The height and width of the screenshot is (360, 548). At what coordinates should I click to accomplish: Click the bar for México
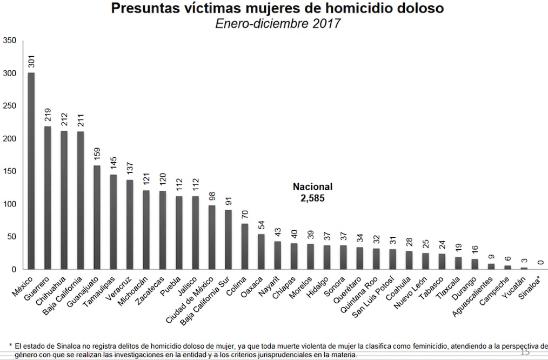coord(31,170)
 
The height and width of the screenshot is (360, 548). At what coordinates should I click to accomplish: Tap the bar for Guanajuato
coord(97,217)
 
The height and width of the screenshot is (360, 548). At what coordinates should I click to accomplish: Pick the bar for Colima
coord(245,246)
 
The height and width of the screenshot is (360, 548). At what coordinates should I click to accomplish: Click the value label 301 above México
coord(31,61)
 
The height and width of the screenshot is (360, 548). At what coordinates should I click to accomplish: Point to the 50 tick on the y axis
coord(11,237)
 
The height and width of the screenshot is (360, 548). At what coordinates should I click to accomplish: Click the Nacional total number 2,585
coord(312,198)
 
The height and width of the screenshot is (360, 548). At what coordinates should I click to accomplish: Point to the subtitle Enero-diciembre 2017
coord(278,24)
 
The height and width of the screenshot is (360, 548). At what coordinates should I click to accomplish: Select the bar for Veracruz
coord(130,224)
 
